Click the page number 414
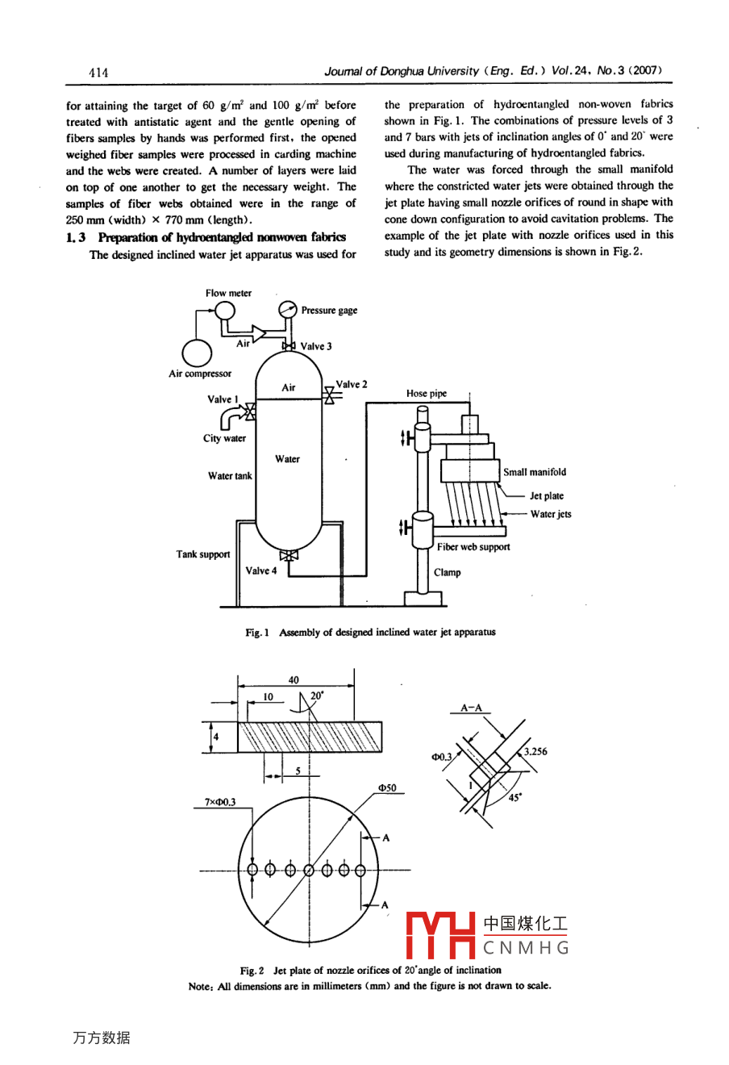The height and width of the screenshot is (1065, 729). tap(98, 73)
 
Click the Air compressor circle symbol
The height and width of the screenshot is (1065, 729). tap(197, 353)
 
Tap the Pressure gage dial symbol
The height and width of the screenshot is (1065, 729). tap(287, 310)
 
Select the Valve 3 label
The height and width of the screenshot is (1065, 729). tap(316, 346)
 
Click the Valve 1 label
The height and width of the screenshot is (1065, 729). tap(223, 399)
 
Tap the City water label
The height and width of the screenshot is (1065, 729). tap(224, 438)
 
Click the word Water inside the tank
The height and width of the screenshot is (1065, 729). tap(287, 459)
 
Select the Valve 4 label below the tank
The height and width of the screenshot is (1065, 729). tap(260, 570)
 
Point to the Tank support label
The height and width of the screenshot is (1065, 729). tap(203, 554)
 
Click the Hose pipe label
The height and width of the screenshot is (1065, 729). tap(427, 394)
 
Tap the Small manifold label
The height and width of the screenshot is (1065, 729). tap(535, 472)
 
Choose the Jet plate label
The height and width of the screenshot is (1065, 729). tap(547, 496)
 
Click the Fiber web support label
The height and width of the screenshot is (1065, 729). tap(473, 547)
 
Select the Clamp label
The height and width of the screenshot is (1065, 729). tap(448, 573)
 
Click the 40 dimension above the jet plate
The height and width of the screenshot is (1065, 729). tap(294, 680)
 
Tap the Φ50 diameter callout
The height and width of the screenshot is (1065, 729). tap(387, 787)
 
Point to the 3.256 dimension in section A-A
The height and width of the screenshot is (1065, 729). tap(535, 751)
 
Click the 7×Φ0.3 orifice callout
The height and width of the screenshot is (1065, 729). tap(220, 802)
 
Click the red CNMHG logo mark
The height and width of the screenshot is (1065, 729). tap(440, 935)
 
